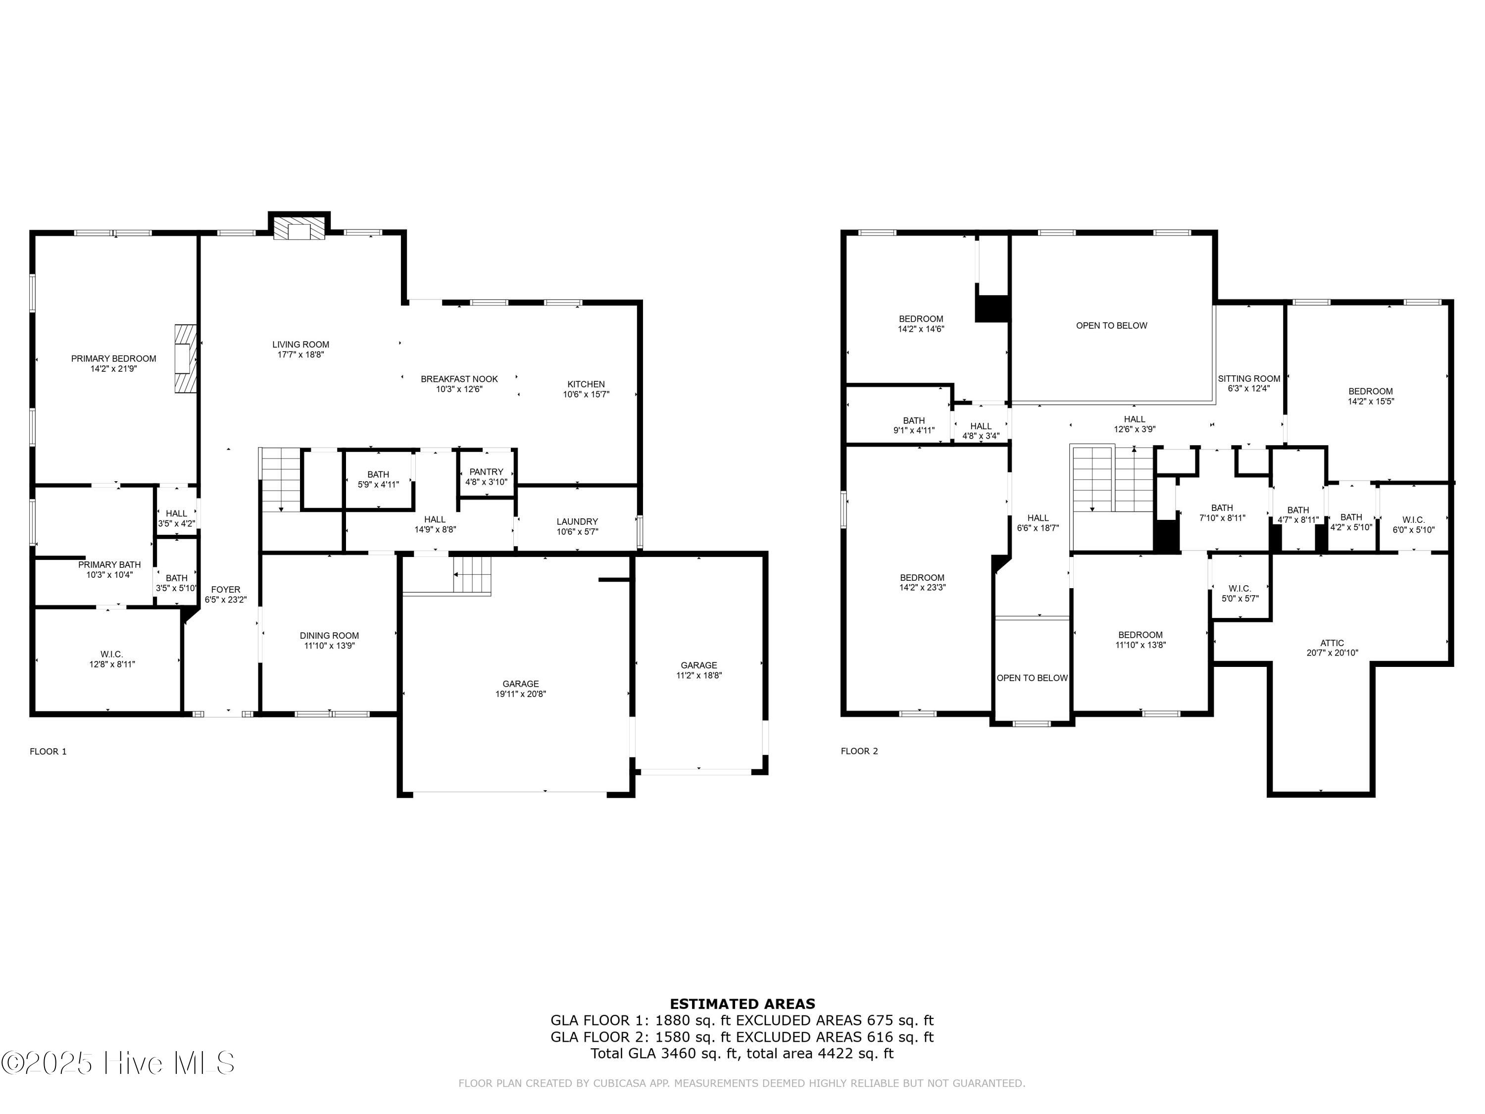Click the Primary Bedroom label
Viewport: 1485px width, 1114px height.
coord(113,358)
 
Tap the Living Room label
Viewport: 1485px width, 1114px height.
coord(301,345)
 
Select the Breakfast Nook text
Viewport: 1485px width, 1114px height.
coord(459,379)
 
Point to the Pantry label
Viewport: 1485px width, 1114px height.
coord(486,472)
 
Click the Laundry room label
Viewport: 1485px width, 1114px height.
coord(577,522)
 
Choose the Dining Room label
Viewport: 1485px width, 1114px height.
coord(329,635)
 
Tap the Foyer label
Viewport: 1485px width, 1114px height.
coord(226,590)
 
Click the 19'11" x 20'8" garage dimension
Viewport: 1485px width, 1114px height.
coord(521,694)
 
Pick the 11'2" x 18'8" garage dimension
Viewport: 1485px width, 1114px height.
coord(699,675)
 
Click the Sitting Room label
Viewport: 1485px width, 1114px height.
coord(1249,379)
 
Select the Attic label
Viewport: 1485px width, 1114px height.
coord(1332,643)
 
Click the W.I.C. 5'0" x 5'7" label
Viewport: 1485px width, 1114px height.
coord(1240,594)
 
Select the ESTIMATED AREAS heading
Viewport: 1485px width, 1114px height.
coord(742,1004)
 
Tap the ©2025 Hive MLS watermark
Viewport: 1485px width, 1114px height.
coord(118,1063)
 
